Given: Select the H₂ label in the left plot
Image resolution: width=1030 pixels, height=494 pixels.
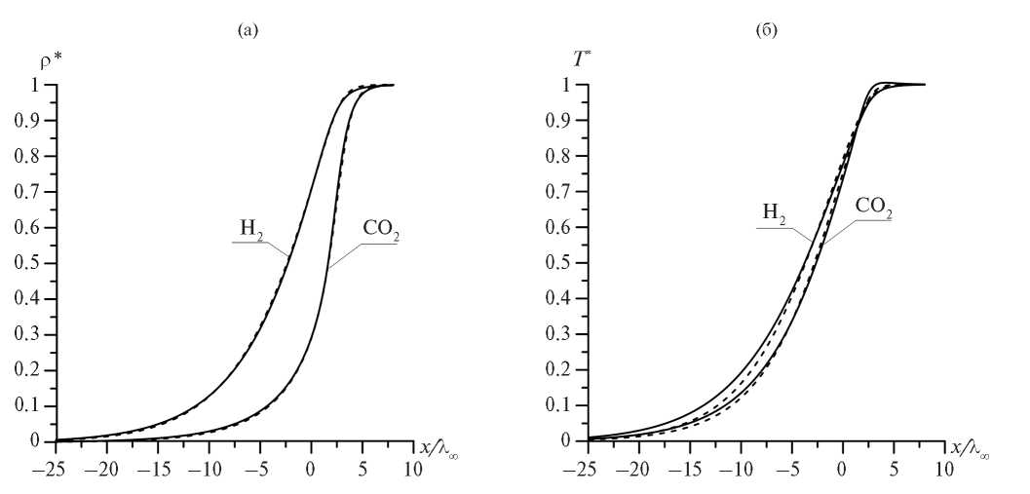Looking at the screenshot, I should [251, 230].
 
